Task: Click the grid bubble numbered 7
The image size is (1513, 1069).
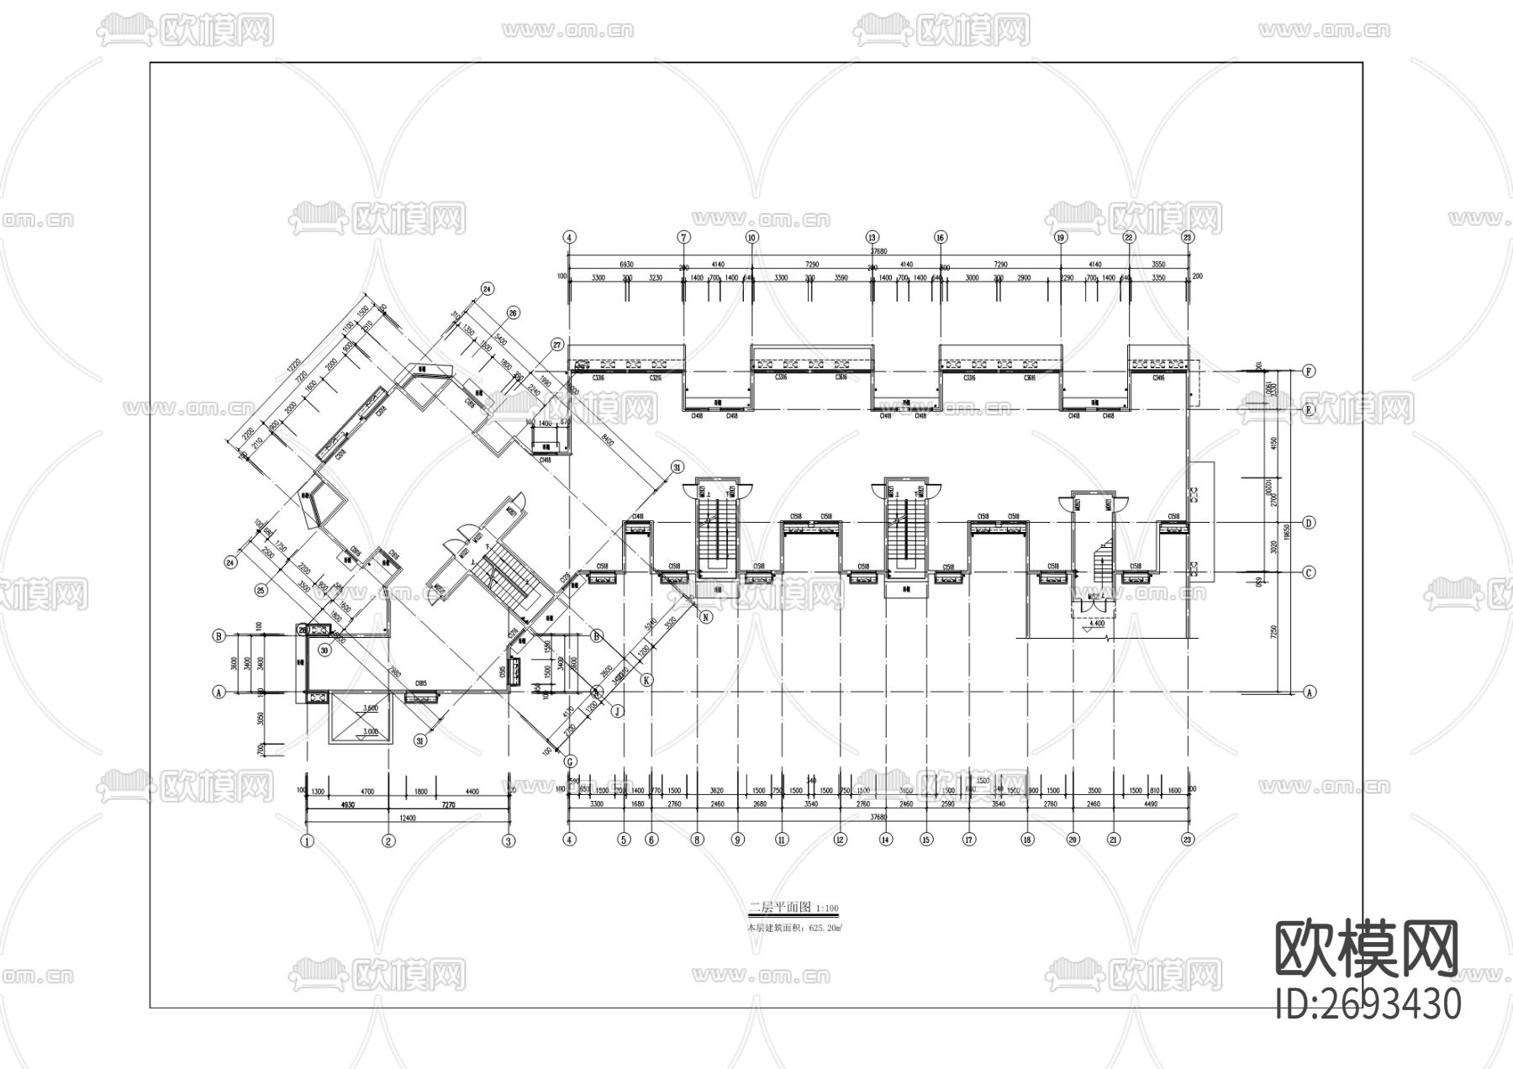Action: pos(684,238)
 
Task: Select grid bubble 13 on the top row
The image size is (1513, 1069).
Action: pos(872,238)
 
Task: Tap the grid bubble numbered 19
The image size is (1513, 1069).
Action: pos(1061,238)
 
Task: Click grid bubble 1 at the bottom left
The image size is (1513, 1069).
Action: pos(308,840)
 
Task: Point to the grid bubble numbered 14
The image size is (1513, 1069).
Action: pos(885,839)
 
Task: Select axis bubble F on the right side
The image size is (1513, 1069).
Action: pos(1309,371)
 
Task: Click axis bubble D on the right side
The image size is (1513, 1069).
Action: pos(1309,523)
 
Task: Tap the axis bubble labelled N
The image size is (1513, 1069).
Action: pos(706,617)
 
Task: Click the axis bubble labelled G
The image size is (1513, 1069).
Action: pos(570,761)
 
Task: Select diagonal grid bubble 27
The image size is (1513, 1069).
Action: pos(556,344)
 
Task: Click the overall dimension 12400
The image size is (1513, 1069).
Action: pos(408,818)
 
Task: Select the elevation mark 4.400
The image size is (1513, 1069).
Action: pos(1094,624)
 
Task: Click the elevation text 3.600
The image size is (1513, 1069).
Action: pos(370,708)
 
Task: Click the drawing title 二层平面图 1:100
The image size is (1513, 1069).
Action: pos(793,908)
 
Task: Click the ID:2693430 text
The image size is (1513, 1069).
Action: pos(1368,1003)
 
